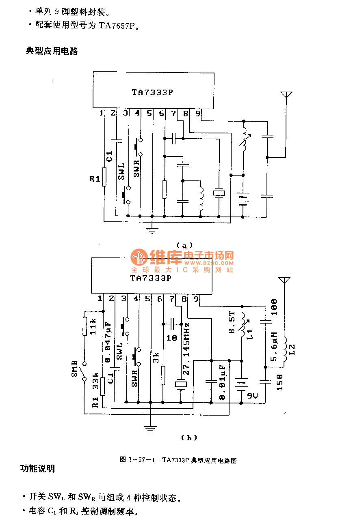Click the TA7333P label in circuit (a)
coord(152,92)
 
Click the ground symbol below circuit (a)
coord(152,230)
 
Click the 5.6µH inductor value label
coord(274,347)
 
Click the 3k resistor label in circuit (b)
coord(155,358)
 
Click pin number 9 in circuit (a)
coord(198,114)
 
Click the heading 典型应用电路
coord(52,51)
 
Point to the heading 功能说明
coord(38,469)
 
